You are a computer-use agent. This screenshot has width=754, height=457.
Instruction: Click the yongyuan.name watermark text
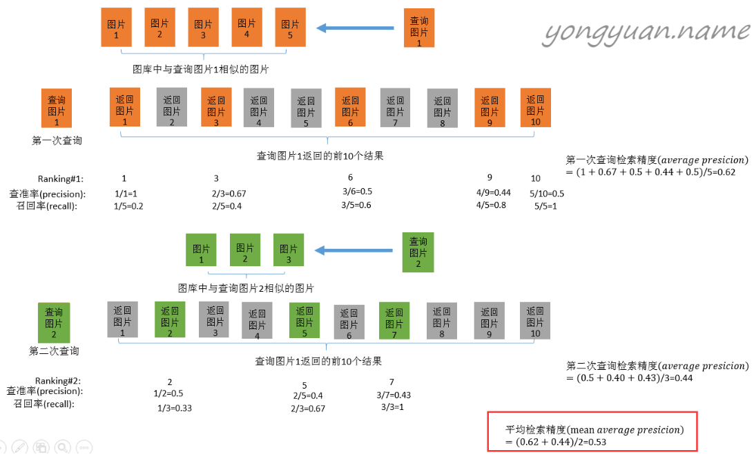(647, 31)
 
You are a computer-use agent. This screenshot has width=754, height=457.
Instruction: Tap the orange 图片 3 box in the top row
(203, 28)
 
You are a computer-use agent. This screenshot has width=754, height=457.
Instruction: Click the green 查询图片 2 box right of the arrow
(418, 252)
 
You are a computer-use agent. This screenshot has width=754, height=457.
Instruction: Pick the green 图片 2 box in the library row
(245, 253)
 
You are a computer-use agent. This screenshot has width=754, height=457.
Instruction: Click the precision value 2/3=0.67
(229, 193)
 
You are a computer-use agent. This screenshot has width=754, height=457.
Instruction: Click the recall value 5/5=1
(545, 206)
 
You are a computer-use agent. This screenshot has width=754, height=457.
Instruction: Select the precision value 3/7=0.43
(394, 395)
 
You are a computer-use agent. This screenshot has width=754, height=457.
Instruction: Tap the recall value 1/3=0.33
(174, 408)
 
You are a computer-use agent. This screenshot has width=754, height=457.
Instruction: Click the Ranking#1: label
(60, 178)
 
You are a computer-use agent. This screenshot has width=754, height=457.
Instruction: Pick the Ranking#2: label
(58, 380)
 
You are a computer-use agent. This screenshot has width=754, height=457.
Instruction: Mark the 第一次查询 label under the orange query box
(57, 140)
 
